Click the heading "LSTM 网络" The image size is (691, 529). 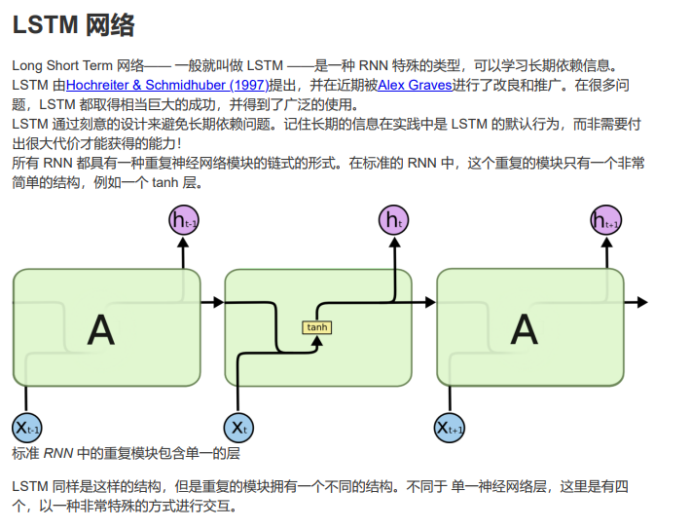point(74,26)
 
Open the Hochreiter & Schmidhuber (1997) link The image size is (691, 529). point(166,85)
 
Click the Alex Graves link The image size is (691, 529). point(416,85)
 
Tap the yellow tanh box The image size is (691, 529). point(317,327)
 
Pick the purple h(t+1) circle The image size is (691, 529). point(606,221)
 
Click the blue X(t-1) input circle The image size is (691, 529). point(26,427)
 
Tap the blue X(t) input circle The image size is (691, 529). point(238,427)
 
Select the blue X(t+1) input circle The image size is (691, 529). point(450,427)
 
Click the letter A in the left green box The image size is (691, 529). point(101,331)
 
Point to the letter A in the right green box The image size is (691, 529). point(525,331)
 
